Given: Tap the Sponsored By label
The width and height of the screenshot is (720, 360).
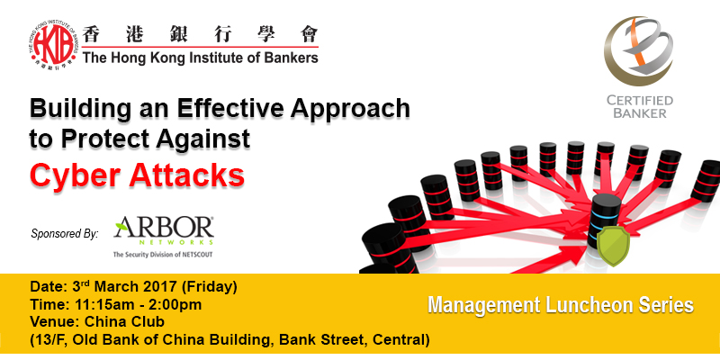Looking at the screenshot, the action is pos(65,233).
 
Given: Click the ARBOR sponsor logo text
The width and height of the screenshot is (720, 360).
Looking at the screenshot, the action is pos(164,227).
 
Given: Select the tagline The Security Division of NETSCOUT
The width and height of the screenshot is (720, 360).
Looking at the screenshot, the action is pos(163,254).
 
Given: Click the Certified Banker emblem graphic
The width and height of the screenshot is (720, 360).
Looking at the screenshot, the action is pos(638,51).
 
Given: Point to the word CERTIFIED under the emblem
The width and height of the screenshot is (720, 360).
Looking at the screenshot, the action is pos(640,101).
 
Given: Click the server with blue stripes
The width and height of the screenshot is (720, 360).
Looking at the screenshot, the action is pos(604,221).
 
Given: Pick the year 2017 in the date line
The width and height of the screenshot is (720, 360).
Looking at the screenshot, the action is pos(157,287).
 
